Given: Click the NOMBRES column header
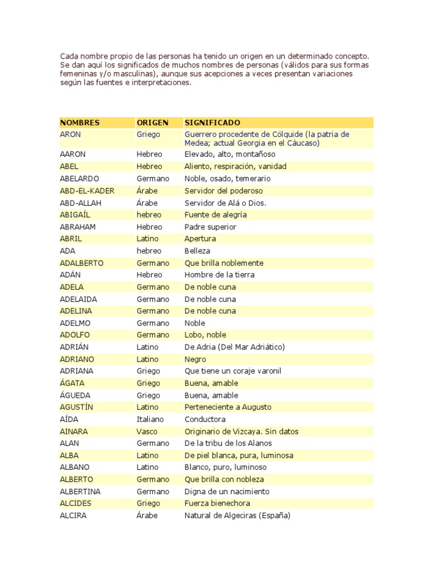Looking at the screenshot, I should click(79, 122).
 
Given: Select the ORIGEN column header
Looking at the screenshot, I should click(152, 122).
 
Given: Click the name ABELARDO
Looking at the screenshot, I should click(79, 179).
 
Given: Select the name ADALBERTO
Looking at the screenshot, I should click(82, 263).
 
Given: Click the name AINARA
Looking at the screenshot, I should click(74, 432).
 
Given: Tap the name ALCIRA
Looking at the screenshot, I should click(73, 516).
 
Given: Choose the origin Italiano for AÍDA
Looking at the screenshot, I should click(150, 419).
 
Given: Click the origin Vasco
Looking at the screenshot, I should click(147, 432).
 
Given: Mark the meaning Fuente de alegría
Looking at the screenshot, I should click(215, 215).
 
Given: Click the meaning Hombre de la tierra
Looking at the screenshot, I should click(219, 275).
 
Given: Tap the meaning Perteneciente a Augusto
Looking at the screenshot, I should click(228, 407).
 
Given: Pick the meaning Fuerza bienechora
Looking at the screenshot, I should click(217, 504).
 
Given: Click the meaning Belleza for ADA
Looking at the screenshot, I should click(197, 251).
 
